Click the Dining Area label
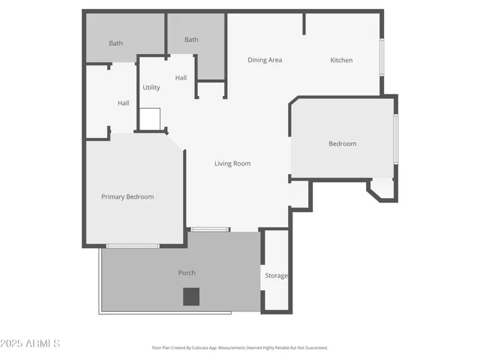(265, 60)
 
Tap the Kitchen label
(341, 60)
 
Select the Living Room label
(232, 163)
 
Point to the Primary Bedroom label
(127, 196)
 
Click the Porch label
(187, 273)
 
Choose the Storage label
(276, 276)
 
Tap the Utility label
(151, 88)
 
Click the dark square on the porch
(191, 296)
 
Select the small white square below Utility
(150, 118)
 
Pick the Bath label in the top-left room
(115, 43)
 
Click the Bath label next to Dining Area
(191, 40)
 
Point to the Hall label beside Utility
(181, 78)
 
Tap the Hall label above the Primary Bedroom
(123, 103)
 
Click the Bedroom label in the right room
(342, 143)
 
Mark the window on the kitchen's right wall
(382, 57)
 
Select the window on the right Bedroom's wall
(396, 139)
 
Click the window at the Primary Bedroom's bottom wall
(133, 245)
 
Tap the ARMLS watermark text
(31, 343)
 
